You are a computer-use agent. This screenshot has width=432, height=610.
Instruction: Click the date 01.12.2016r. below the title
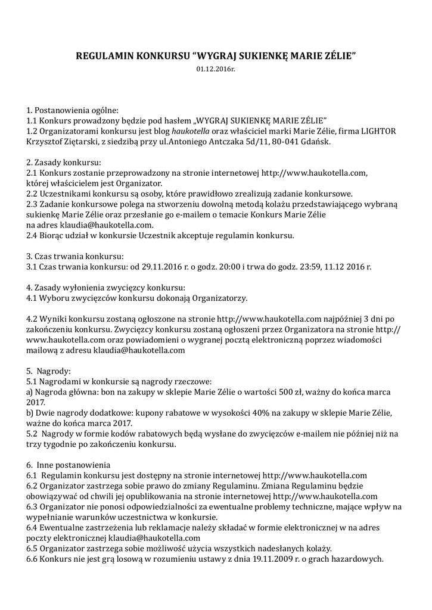216,70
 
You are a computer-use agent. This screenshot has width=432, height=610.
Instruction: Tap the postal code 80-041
283,142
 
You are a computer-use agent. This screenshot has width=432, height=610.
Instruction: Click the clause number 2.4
33,235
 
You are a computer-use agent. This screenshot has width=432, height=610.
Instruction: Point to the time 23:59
309,266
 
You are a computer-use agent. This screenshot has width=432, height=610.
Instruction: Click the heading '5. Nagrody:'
49,371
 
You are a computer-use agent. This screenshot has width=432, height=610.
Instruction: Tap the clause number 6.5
33,548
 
